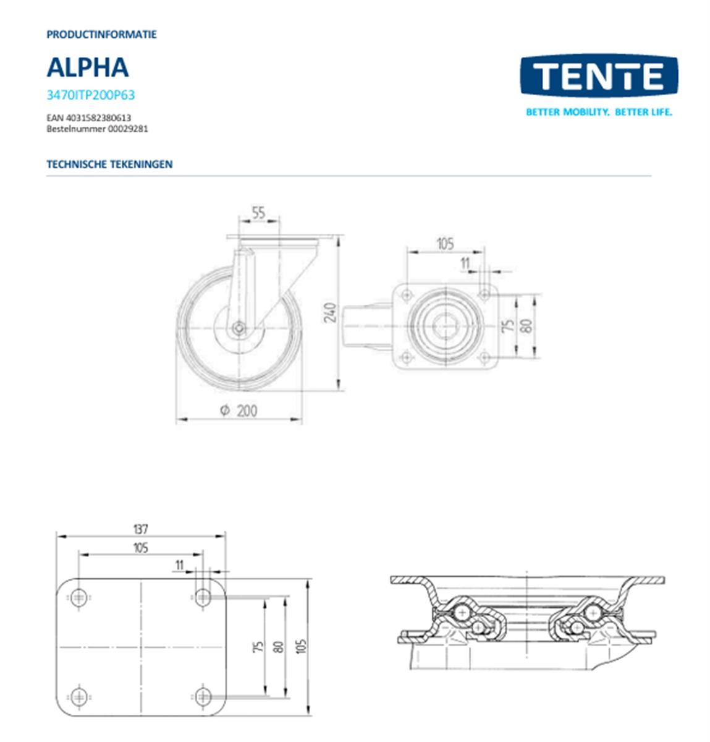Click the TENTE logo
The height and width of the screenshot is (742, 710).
598,76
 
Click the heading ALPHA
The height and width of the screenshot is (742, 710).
88,67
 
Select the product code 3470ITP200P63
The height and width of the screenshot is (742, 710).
91,95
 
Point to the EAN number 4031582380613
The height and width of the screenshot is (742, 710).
88,117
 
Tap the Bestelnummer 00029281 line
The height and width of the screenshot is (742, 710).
97,129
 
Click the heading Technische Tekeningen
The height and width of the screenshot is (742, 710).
109,164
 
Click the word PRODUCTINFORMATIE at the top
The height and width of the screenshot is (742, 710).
101,35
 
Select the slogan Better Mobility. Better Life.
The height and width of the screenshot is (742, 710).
598,112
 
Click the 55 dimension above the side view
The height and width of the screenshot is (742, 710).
258,213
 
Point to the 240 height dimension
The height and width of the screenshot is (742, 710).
331,312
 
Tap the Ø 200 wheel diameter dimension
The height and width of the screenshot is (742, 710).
239,411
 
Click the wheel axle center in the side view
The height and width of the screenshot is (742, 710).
239,330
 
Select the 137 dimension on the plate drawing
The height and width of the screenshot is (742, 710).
141,529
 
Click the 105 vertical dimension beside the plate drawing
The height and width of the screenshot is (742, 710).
302,647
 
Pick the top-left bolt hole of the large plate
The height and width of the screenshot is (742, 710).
78,597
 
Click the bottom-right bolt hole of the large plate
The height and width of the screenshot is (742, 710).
203,697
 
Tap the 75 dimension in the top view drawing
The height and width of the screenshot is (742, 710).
509,325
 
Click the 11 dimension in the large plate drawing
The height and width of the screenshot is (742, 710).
180,565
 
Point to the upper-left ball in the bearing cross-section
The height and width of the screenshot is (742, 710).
461,612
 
